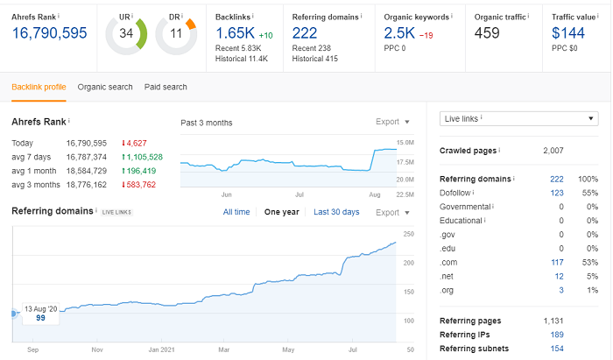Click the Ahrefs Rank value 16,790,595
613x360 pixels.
pyautogui.click(x=49, y=32)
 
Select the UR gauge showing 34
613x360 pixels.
pyautogui.click(x=126, y=33)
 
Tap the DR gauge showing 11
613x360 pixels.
pyautogui.click(x=176, y=33)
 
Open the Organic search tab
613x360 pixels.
pyautogui.click(x=105, y=87)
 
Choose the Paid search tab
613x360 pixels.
pyautogui.click(x=166, y=87)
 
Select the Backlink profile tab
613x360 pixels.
pyautogui.click(x=39, y=87)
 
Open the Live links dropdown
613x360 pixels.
pyautogui.click(x=518, y=118)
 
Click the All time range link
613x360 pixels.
pyautogui.click(x=236, y=212)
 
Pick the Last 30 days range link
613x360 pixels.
pyautogui.click(x=336, y=212)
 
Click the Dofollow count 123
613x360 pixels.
pyautogui.click(x=556, y=192)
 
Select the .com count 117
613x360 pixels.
pyautogui.click(x=556, y=262)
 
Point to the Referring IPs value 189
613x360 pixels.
pyautogui.click(x=556, y=335)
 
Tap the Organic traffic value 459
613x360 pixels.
pyautogui.click(x=487, y=32)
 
